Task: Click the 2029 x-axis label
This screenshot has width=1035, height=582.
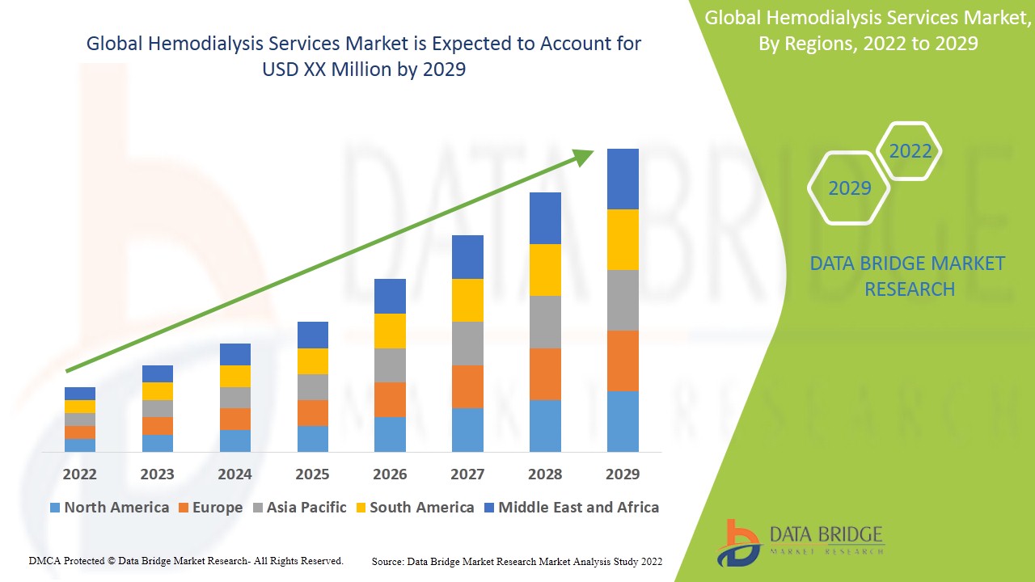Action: tap(622, 474)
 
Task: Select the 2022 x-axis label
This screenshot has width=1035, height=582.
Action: tap(80, 474)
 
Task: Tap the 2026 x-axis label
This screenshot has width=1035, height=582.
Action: tap(390, 474)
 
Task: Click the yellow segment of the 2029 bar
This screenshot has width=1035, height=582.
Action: tap(623, 239)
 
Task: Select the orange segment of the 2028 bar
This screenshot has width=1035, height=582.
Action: tap(545, 373)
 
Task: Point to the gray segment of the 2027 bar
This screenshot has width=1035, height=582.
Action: tap(467, 344)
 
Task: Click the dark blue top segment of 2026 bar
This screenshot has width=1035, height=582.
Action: tap(390, 296)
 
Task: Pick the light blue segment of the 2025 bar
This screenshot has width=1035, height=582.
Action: tap(313, 438)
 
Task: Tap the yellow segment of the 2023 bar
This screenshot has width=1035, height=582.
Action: tap(158, 391)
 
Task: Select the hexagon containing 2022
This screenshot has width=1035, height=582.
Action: tap(910, 151)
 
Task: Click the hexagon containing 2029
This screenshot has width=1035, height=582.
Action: tap(849, 188)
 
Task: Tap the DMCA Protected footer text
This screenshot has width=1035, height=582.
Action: tap(186, 560)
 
